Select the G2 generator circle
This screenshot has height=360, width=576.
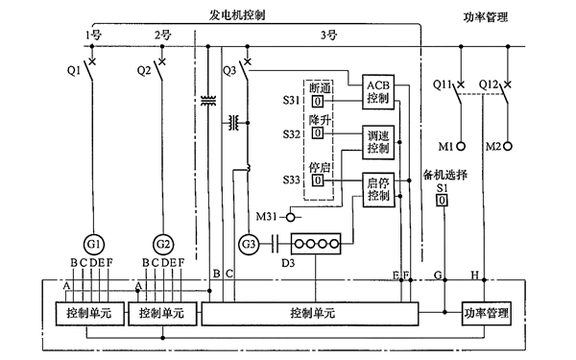(x=163, y=242)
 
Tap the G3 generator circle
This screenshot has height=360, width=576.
(x=249, y=242)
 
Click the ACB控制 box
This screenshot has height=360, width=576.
(x=377, y=91)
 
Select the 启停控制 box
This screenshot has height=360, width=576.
(x=377, y=189)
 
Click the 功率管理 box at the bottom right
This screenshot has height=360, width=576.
(x=484, y=314)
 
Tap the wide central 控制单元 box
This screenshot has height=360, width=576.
(x=312, y=314)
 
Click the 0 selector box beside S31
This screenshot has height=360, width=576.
(x=316, y=100)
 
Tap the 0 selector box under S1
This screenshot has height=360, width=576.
(x=443, y=203)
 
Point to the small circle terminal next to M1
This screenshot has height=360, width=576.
(x=460, y=146)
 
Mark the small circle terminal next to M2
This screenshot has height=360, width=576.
(x=508, y=146)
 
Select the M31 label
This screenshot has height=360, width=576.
(x=269, y=217)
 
